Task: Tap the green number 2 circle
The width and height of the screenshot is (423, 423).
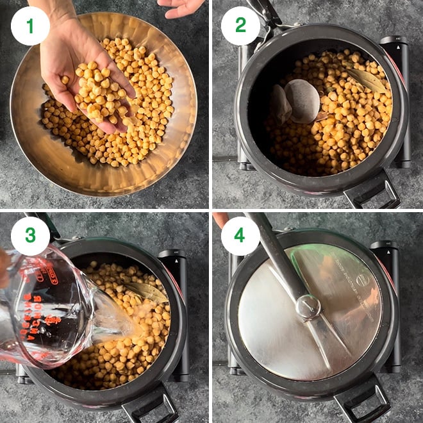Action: click(240, 26)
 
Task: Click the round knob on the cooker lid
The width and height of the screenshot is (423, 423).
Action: click(308, 307)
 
